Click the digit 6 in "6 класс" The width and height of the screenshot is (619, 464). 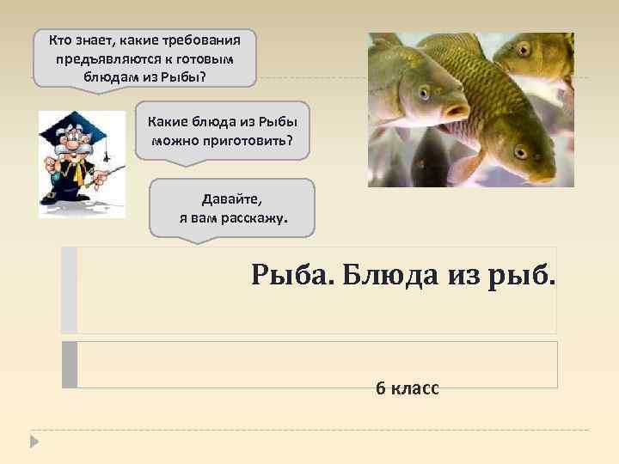click(x=380, y=388)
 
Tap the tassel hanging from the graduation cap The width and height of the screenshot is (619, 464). click(x=106, y=153)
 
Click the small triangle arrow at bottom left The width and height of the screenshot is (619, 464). click(x=34, y=443)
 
